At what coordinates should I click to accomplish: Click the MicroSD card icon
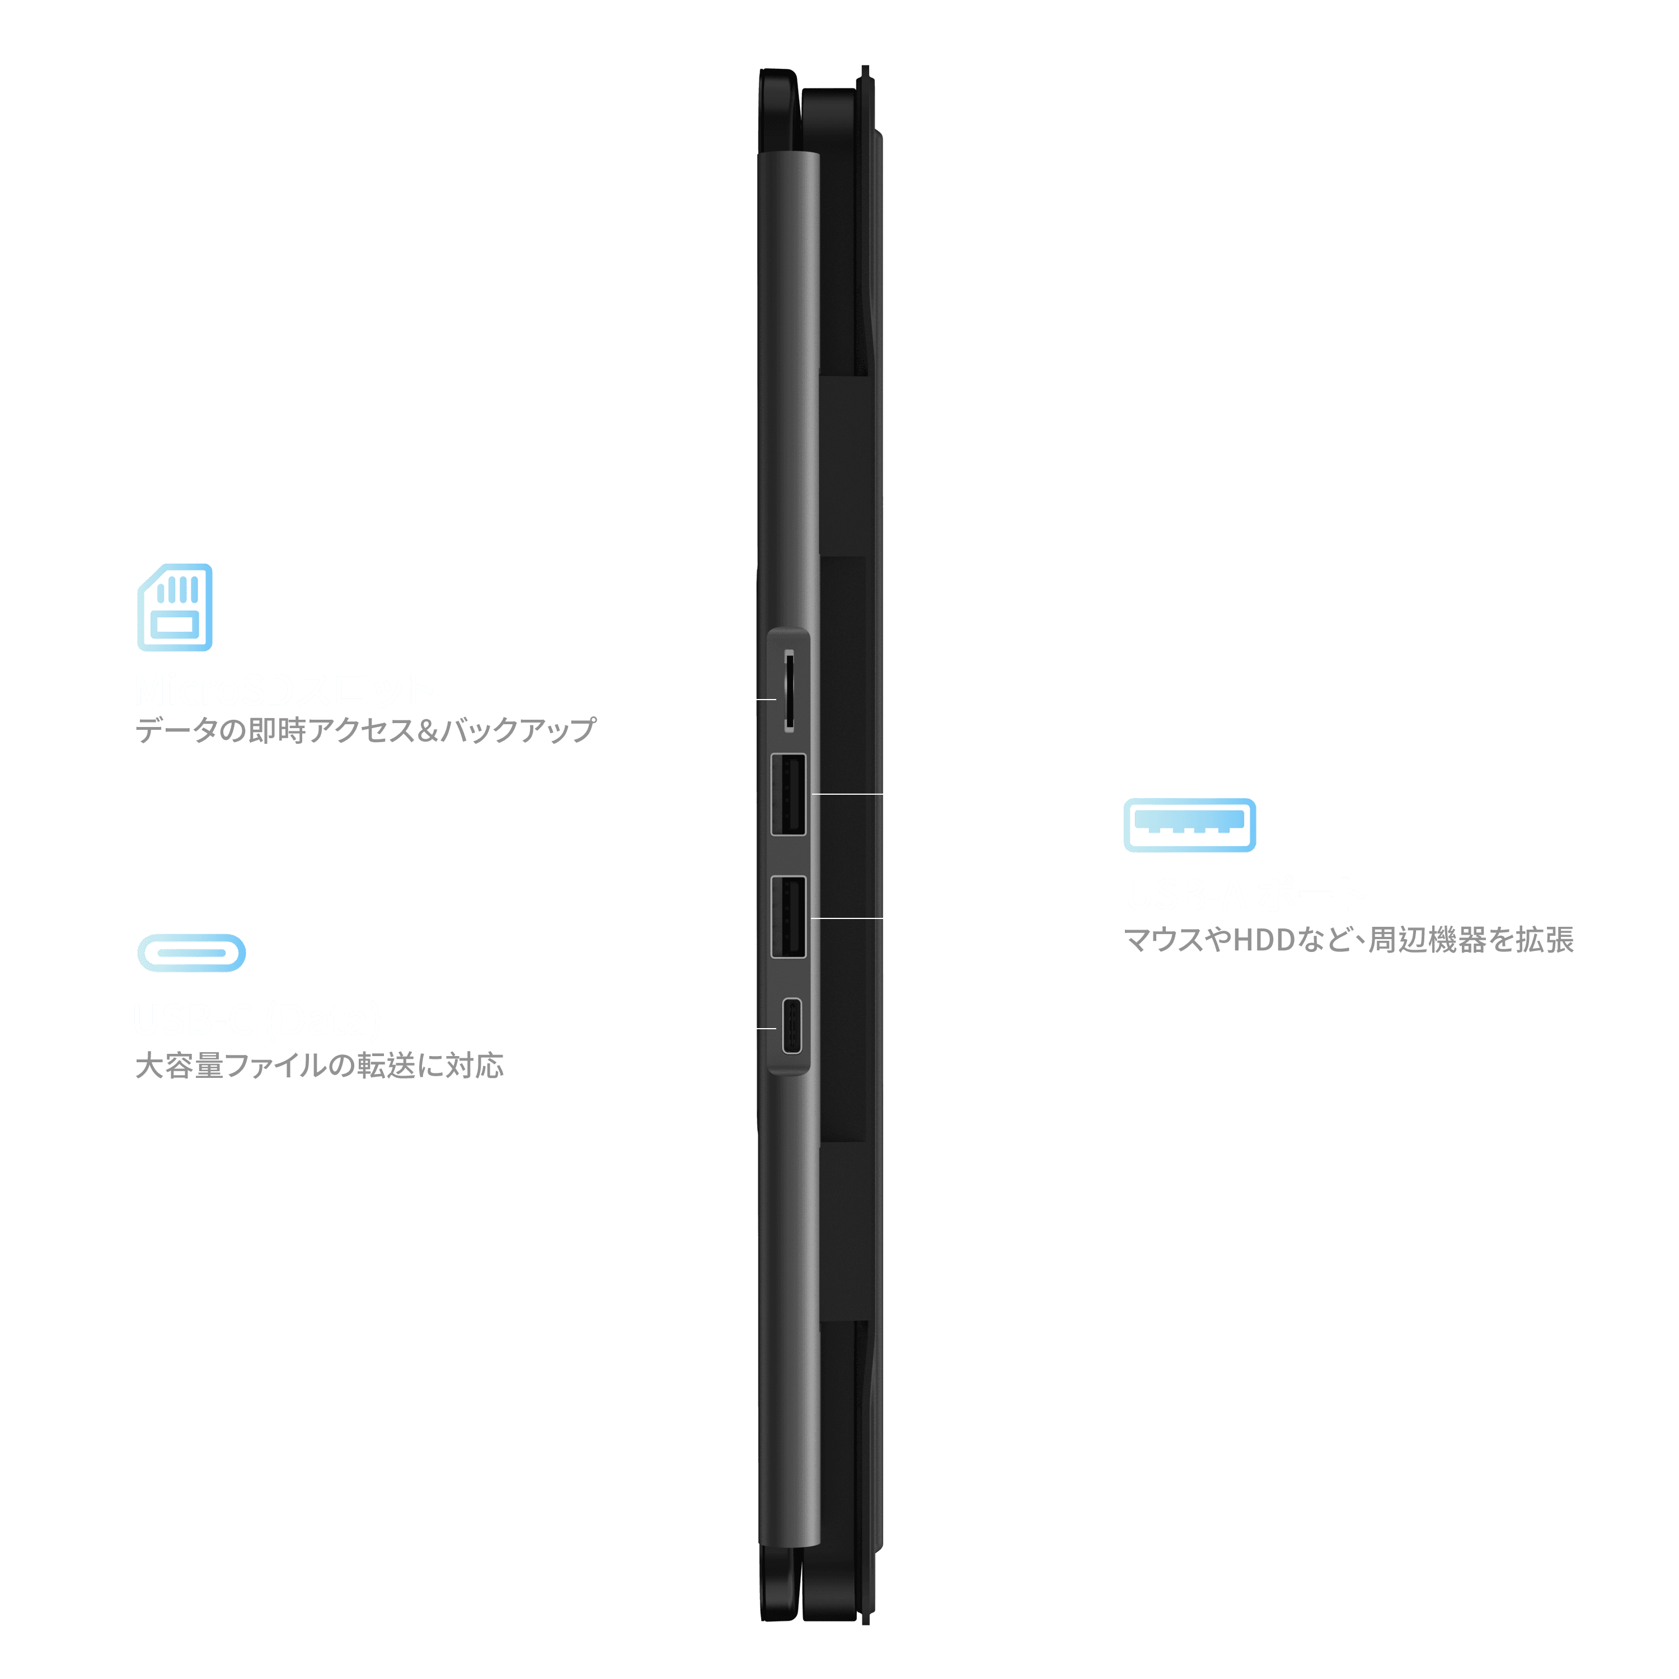[x=175, y=607]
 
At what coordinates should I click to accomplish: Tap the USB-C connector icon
[x=191, y=953]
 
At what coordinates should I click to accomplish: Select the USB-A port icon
[x=1189, y=825]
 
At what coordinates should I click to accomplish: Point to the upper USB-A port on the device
[x=788, y=795]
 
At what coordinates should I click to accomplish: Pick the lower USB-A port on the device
[x=788, y=917]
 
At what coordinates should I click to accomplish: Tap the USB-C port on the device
[x=791, y=1026]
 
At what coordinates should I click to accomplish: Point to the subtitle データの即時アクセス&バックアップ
[x=365, y=730]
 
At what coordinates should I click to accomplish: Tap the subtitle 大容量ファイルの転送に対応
[x=319, y=1066]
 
